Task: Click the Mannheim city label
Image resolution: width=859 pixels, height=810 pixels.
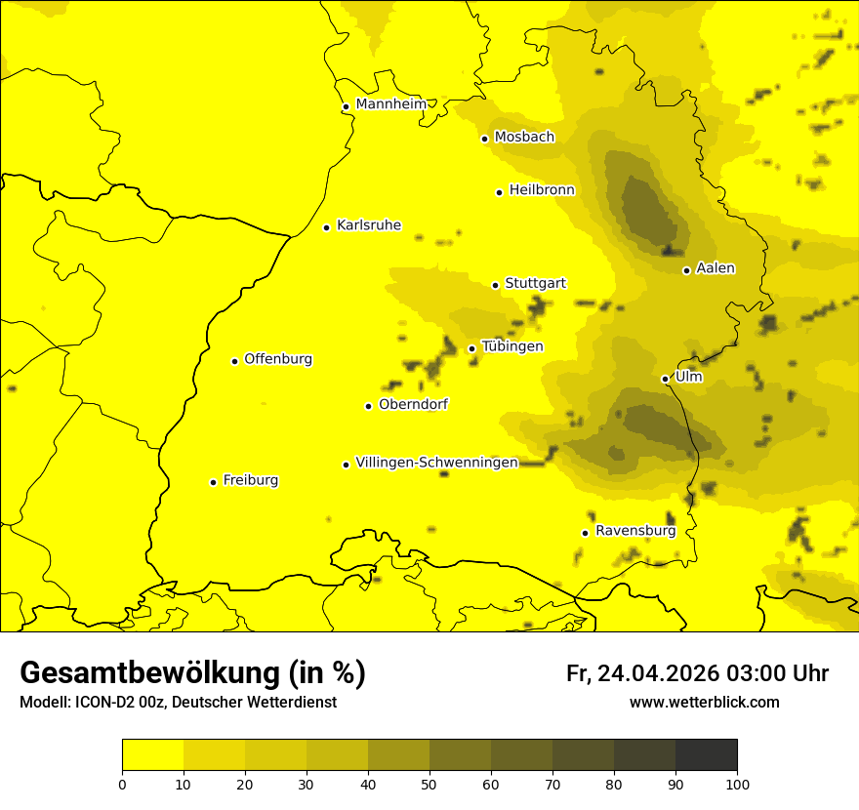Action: click(x=390, y=104)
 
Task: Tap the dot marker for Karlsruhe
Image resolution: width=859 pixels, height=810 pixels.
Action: click(x=327, y=227)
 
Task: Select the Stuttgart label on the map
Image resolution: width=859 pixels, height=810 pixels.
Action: click(x=535, y=283)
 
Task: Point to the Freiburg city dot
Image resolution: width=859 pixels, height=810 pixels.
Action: click(x=213, y=482)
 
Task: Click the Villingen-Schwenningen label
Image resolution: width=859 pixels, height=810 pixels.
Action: click(x=436, y=463)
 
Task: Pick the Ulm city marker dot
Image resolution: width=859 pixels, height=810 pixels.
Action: click(x=666, y=379)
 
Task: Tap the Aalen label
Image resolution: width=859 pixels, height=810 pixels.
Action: click(x=716, y=268)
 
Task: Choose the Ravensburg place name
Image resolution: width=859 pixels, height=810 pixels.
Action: click(x=634, y=531)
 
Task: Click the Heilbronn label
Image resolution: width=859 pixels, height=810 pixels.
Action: click(x=542, y=190)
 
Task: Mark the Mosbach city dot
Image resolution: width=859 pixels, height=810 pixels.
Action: click(x=484, y=139)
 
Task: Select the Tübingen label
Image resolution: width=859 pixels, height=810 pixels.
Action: click(x=512, y=346)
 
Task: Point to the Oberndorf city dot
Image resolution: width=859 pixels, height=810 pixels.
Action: click(x=369, y=406)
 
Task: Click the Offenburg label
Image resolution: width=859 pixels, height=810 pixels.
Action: click(x=278, y=359)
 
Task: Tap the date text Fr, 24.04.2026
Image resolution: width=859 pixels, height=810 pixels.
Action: click(x=642, y=673)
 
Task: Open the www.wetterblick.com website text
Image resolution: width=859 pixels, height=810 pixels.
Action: click(x=704, y=702)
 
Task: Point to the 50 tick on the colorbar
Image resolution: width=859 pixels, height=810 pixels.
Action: click(x=429, y=784)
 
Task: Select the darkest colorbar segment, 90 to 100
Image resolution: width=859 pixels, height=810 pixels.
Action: click(x=706, y=754)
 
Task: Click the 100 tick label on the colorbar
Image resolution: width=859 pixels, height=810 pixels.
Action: click(x=737, y=784)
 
